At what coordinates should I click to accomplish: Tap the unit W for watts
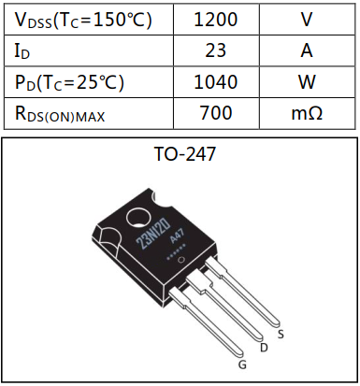point(306,82)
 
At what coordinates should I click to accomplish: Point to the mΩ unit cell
point(306,113)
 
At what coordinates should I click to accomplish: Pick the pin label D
point(264,348)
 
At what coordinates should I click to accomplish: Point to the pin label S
point(281,332)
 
